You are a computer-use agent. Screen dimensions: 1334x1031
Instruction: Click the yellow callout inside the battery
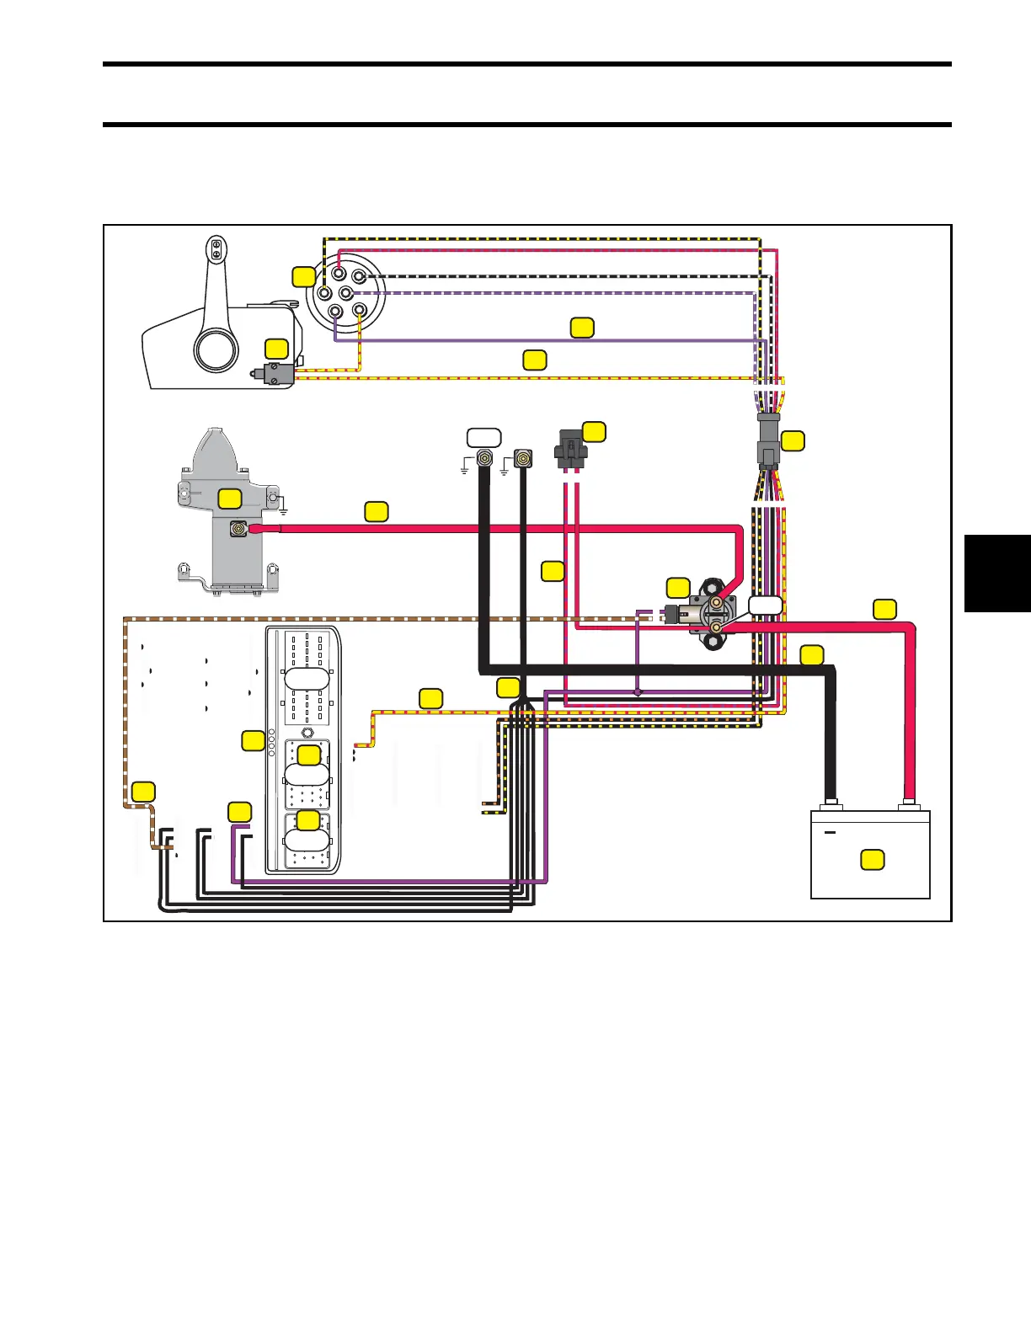tap(873, 860)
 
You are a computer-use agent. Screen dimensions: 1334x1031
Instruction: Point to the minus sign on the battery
tap(830, 833)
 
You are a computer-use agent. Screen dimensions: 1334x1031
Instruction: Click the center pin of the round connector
tap(345, 293)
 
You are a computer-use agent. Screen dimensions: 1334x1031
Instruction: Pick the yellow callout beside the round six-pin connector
tap(304, 275)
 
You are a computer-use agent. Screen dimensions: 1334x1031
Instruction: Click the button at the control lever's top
tap(216, 248)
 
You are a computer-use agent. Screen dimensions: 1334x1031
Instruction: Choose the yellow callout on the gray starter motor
tap(230, 499)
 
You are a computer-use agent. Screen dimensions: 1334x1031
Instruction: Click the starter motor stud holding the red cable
tap(239, 530)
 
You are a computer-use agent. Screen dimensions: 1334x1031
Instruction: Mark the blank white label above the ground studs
tap(484, 437)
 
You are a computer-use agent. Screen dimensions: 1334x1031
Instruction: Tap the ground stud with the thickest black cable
tap(484, 460)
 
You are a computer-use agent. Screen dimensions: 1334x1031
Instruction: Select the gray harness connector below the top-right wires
tap(768, 440)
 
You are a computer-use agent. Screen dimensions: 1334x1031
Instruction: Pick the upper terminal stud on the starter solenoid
tap(716, 604)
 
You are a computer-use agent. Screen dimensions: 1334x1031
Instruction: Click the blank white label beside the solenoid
tap(765, 604)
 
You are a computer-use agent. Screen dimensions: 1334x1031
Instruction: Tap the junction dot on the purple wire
tap(638, 692)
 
